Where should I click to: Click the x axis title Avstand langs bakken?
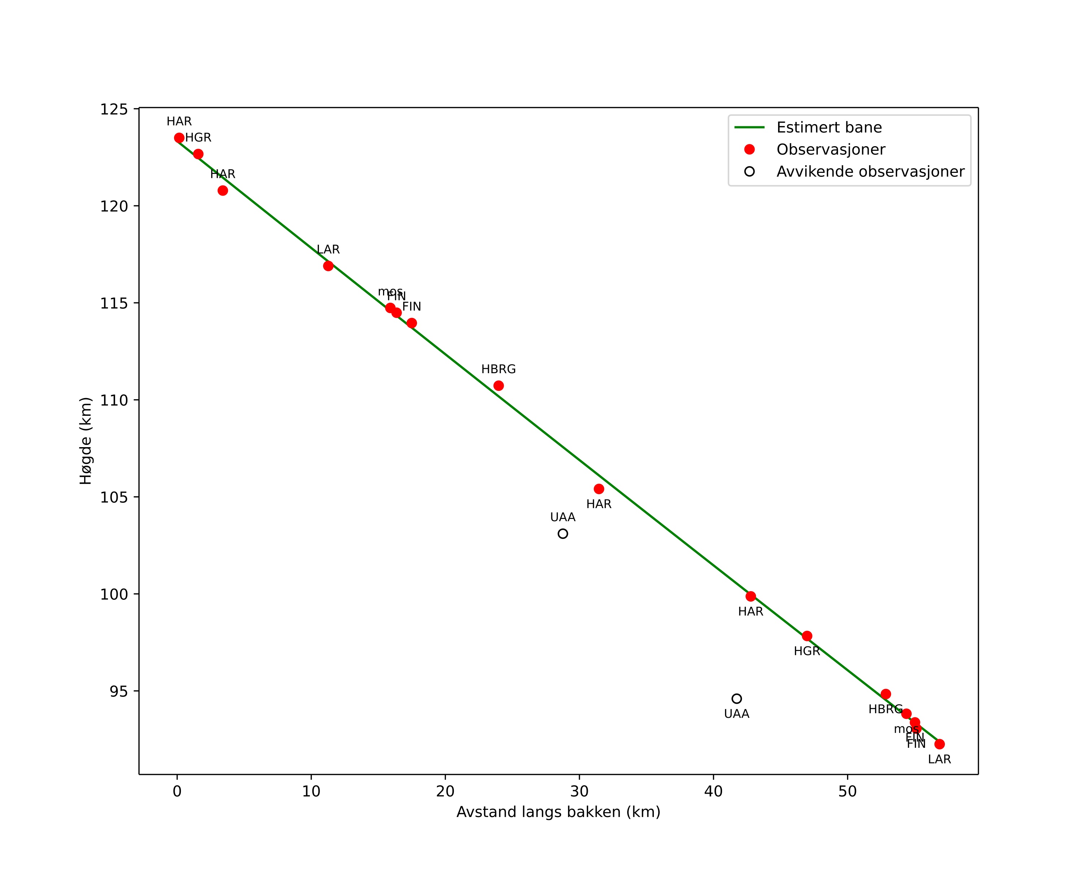click(x=558, y=812)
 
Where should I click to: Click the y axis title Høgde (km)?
click(x=86, y=441)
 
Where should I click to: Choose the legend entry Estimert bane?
click(x=829, y=127)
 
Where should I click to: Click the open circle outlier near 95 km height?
click(x=737, y=699)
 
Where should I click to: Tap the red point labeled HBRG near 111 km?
click(x=499, y=386)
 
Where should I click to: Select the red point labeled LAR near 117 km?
click(x=328, y=266)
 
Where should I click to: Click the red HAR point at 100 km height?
click(x=751, y=597)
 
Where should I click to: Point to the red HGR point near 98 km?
click(x=807, y=636)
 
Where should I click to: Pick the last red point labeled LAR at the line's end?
click(x=939, y=744)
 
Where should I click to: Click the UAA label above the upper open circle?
click(x=563, y=517)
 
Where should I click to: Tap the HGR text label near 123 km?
click(x=198, y=138)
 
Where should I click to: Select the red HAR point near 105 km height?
click(x=599, y=489)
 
